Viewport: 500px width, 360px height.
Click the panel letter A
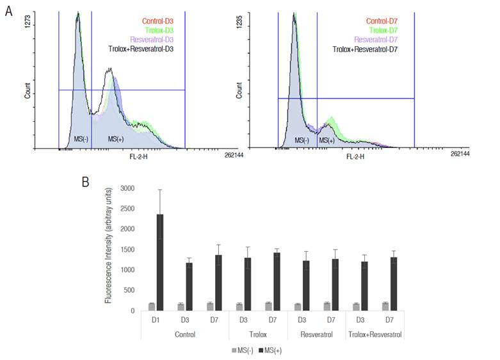coord(8,12)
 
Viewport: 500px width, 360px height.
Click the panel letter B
coord(85,181)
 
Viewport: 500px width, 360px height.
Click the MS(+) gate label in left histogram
coord(116,139)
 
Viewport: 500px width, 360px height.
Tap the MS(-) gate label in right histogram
coord(302,139)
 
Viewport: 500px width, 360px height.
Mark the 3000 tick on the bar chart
coord(128,188)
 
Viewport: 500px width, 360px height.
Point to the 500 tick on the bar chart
coord(131,291)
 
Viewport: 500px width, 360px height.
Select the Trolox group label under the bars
coord(258,334)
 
